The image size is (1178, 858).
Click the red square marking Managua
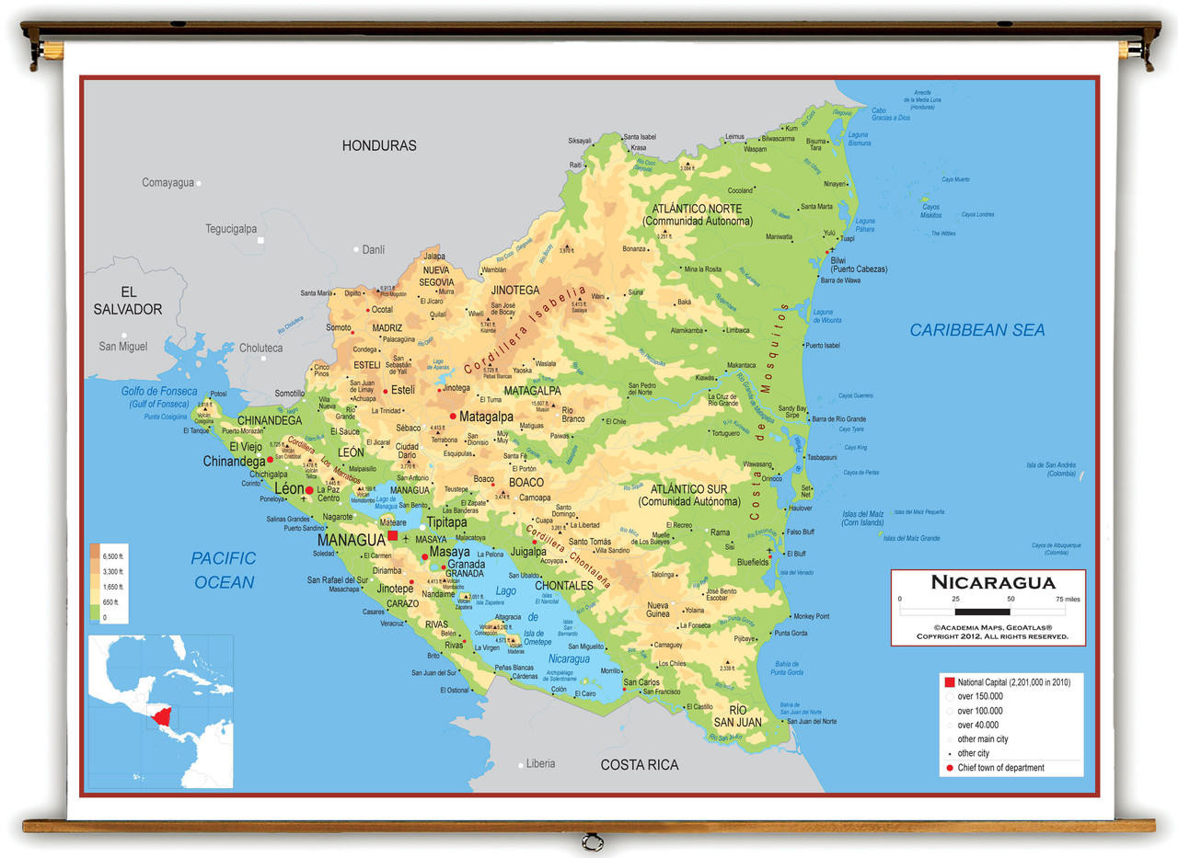click(x=392, y=535)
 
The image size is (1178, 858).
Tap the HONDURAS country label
click(x=379, y=145)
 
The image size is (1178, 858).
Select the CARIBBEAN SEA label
click(x=976, y=330)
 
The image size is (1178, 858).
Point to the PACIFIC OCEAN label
click(x=224, y=570)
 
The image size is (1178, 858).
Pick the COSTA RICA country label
click(x=639, y=765)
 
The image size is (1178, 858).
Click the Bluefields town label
click(x=753, y=562)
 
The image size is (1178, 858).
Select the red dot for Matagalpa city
click(x=453, y=417)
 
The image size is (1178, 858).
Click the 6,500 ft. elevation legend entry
click(x=113, y=556)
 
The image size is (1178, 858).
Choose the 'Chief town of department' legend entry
click(x=1000, y=768)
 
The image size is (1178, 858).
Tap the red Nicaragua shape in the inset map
click(x=163, y=715)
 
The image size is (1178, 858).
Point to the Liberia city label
click(x=540, y=763)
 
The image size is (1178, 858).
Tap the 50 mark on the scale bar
click(x=1011, y=599)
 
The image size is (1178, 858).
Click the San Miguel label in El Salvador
click(x=122, y=347)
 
